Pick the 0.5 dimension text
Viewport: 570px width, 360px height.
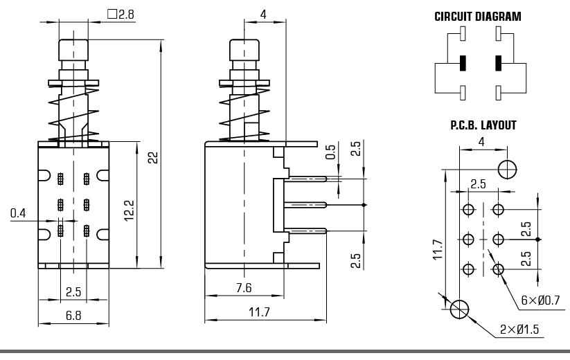330,152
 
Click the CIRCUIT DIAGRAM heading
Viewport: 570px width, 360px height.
477,16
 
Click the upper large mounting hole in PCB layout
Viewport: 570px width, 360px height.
508,168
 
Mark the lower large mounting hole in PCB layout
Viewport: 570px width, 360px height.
459,309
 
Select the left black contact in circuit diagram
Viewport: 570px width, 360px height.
462,63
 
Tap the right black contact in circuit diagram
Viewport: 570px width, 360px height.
497,63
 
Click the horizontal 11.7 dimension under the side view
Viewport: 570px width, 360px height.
260,313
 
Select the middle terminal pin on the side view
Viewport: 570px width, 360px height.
305,204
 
